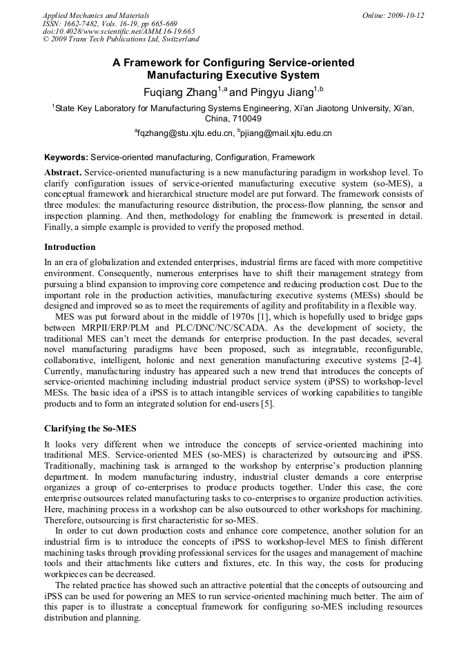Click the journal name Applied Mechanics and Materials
click(x=96, y=15)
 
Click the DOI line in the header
click(x=119, y=32)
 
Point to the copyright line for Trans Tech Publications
click(x=121, y=40)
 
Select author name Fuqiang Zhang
click(x=179, y=92)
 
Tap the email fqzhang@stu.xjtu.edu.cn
click(x=184, y=133)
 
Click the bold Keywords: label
click(x=66, y=157)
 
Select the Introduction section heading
click(x=70, y=246)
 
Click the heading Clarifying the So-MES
click(x=90, y=429)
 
